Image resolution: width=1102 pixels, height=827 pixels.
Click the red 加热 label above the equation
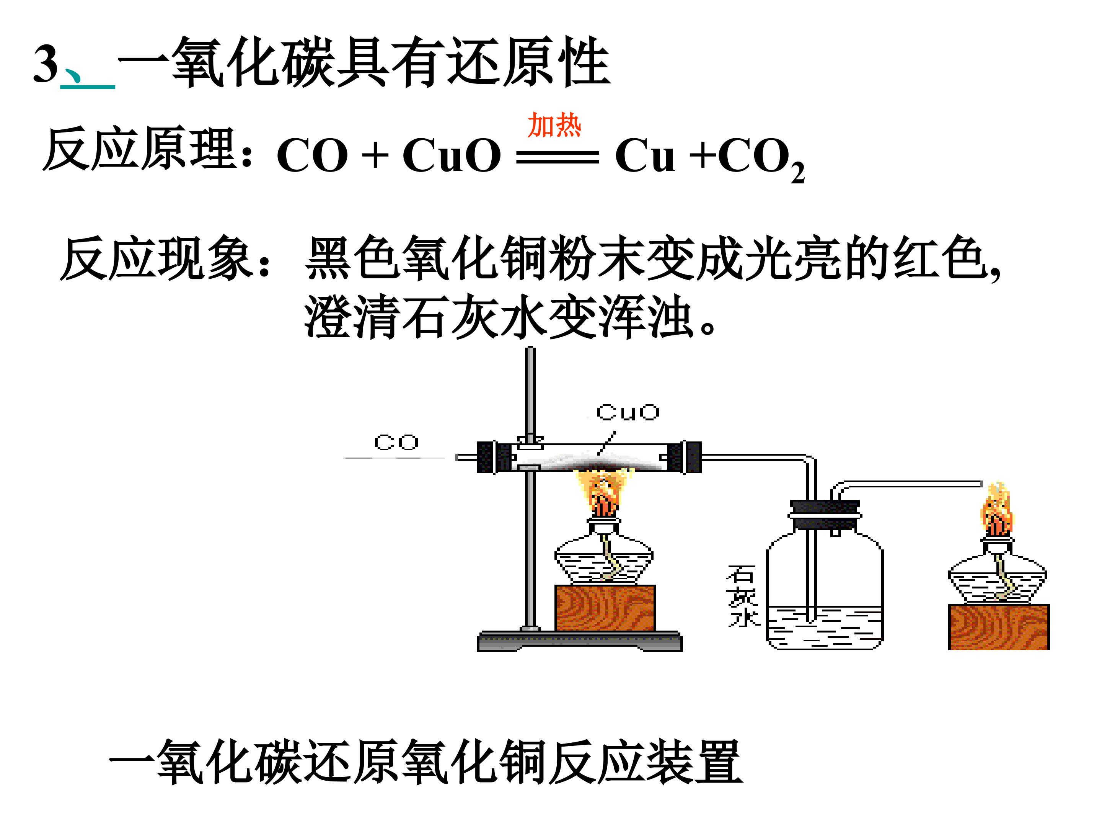[554, 125]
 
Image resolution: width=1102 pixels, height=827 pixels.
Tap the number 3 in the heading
[46, 64]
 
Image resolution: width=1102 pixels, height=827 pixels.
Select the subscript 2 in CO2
[797, 173]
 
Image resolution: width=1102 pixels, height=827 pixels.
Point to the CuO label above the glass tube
[628, 412]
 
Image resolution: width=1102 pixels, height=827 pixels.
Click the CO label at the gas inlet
[396, 442]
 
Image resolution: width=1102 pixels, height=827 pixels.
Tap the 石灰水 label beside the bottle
[742, 595]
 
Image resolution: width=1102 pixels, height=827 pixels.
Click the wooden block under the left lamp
[605, 608]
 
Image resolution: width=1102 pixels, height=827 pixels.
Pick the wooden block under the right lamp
[999, 627]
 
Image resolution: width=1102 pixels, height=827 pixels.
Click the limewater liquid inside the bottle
[825, 629]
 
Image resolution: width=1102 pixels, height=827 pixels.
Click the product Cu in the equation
[645, 155]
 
